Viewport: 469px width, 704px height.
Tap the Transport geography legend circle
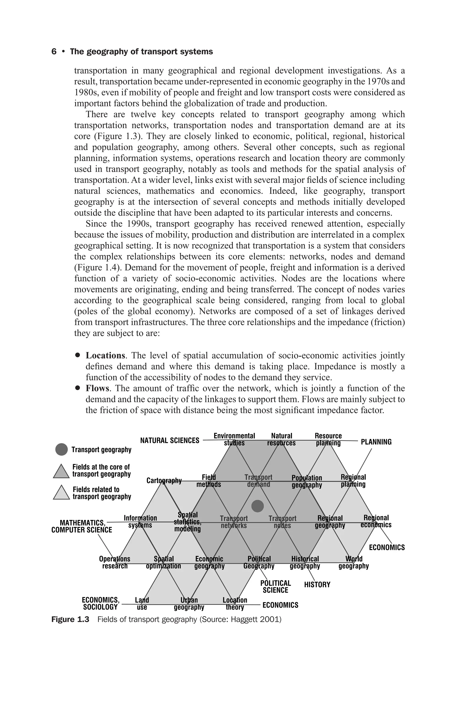click(61, 450)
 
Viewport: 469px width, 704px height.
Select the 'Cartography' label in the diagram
click(164, 481)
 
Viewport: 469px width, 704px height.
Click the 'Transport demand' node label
click(258, 481)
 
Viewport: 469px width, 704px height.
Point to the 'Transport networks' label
click(234, 522)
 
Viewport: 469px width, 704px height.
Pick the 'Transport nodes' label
click(282, 522)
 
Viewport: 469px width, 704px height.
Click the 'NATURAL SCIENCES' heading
click(170, 441)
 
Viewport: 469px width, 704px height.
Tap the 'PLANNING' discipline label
click(376, 442)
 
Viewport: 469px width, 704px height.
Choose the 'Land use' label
click(142, 604)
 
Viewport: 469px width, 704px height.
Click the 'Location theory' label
click(235, 604)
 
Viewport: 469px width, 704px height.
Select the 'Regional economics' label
click(376, 521)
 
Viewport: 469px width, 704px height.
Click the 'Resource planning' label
click(328, 439)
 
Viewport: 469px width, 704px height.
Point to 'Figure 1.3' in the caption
click(70, 619)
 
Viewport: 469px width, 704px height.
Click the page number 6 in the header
click(54, 52)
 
